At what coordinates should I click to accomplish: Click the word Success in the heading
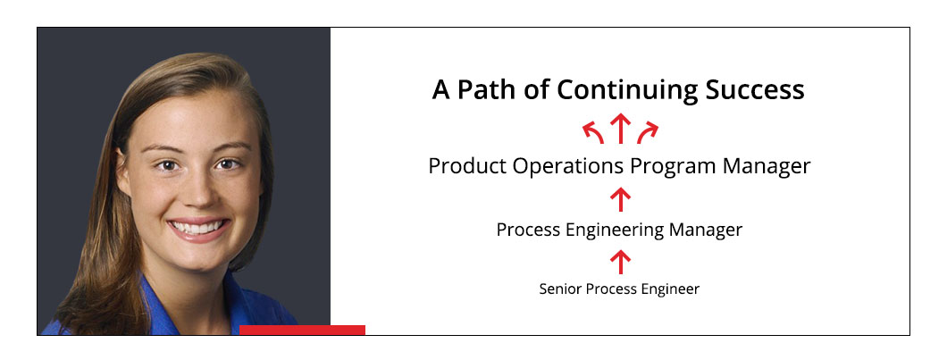(x=755, y=90)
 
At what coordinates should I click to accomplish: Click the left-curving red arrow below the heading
(x=593, y=132)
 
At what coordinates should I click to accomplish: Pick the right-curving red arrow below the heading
(x=648, y=132)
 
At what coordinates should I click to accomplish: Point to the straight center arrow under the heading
(x=620, y=128)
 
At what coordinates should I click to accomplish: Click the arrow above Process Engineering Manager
(x=620, y=199)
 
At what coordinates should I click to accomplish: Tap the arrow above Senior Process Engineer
(x=620, y=262)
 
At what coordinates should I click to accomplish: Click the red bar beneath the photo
(x=303, y=330)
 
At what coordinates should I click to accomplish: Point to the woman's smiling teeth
(x=197, y=228)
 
